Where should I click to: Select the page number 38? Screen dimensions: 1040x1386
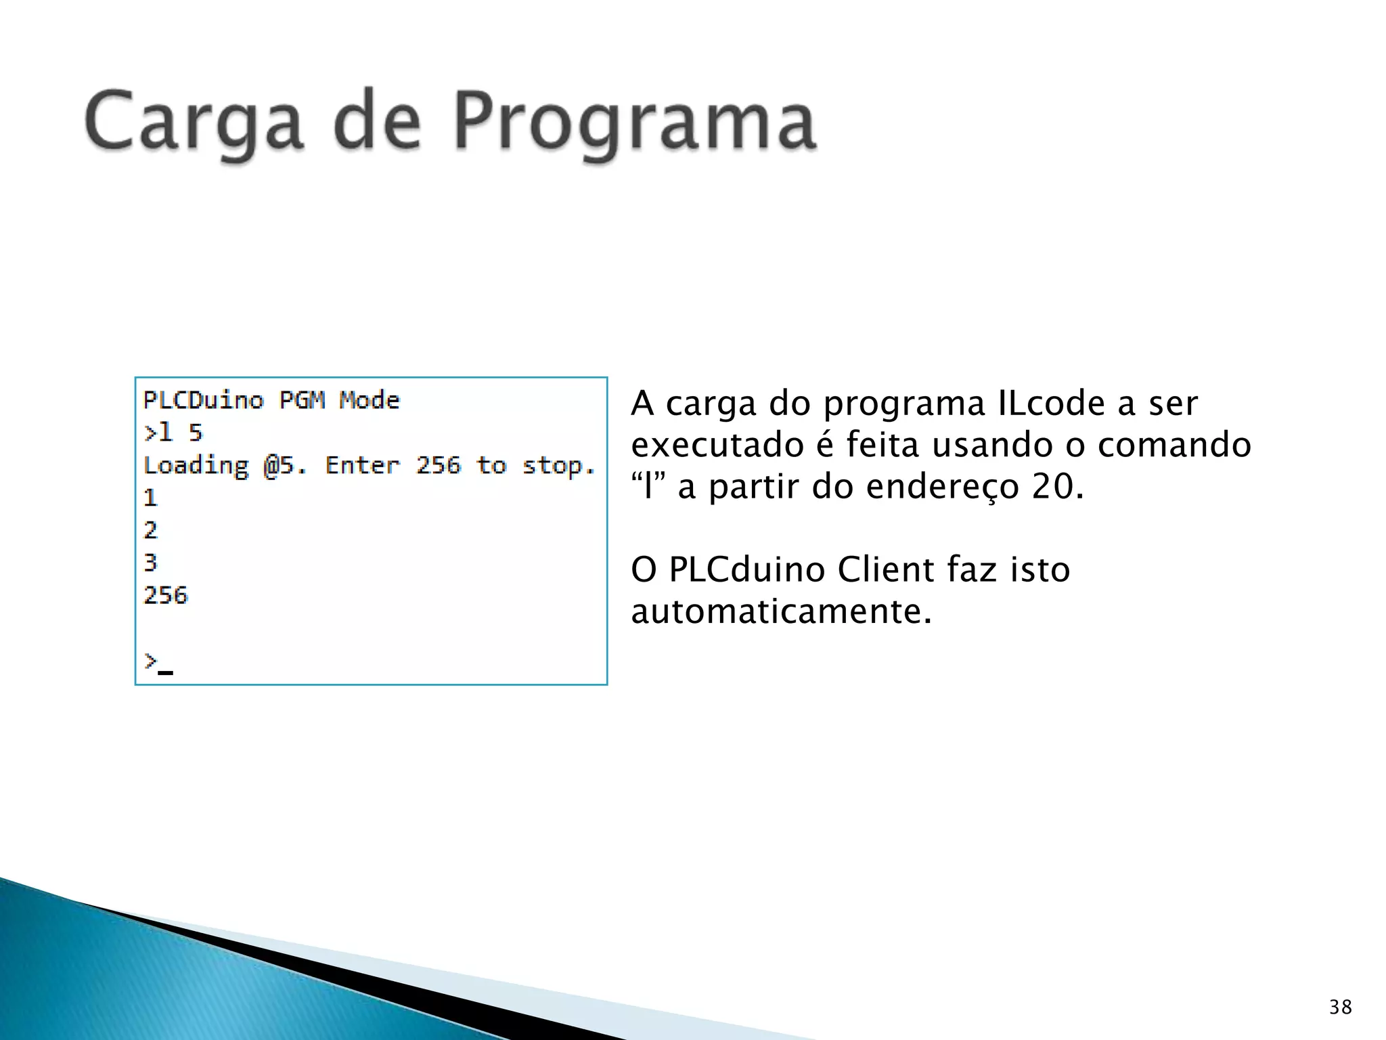[x=1340, y=1007]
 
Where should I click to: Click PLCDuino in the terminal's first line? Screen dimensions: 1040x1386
[x=203, y=400]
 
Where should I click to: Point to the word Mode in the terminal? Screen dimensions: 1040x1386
[x=370, y=400]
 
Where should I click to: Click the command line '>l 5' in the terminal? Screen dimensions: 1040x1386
[x=173, y=433]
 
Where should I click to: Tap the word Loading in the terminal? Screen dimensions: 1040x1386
[x=196, y=466]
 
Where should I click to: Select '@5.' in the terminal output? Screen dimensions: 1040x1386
[x=285, y=466]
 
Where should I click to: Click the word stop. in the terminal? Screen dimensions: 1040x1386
[x=558, y=466]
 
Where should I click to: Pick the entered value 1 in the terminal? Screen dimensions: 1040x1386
[x=150, y=498]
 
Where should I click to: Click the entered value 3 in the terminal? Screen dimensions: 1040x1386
[x=150, y=563]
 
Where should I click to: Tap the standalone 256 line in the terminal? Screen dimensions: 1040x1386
[x=166, y=596]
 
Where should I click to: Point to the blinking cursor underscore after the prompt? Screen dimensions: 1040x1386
[x=166, y=672]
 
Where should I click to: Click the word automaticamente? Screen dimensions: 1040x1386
[x=782, y=611]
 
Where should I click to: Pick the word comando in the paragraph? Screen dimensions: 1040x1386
[x=1174, y=446]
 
